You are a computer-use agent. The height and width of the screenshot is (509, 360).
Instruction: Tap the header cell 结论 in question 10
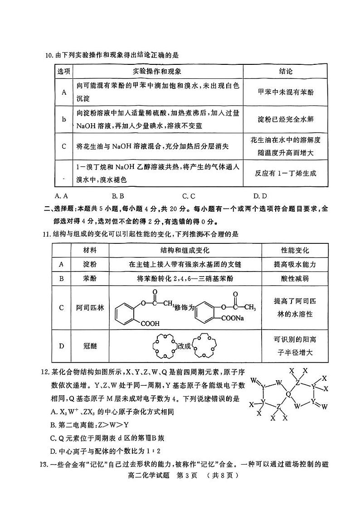tap(285, 72)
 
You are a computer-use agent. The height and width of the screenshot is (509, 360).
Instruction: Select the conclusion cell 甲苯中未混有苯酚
tap(285, 92)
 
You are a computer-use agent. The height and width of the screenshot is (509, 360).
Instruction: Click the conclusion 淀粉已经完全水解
tap(285, 119)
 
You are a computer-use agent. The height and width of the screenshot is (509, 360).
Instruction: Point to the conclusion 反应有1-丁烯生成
tap(285, 173)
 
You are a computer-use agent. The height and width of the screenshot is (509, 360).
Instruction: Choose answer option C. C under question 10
tap(189, 196)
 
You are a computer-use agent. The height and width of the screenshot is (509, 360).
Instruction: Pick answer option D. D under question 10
tap(260, 196)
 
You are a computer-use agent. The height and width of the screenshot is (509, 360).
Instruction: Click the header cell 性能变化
tap(295, 251)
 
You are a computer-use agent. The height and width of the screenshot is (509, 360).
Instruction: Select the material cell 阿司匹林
tap(89, 308)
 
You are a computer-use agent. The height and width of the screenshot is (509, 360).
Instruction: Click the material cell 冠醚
tap(89, 346)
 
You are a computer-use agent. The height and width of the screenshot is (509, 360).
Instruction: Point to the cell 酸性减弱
tap(295, 278)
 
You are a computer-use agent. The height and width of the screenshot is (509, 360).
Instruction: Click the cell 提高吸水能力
tap(295, 264)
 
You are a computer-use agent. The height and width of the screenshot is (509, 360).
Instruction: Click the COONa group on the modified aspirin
tap(233, 318)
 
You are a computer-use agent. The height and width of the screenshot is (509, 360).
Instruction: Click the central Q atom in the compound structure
tap(288, 394)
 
